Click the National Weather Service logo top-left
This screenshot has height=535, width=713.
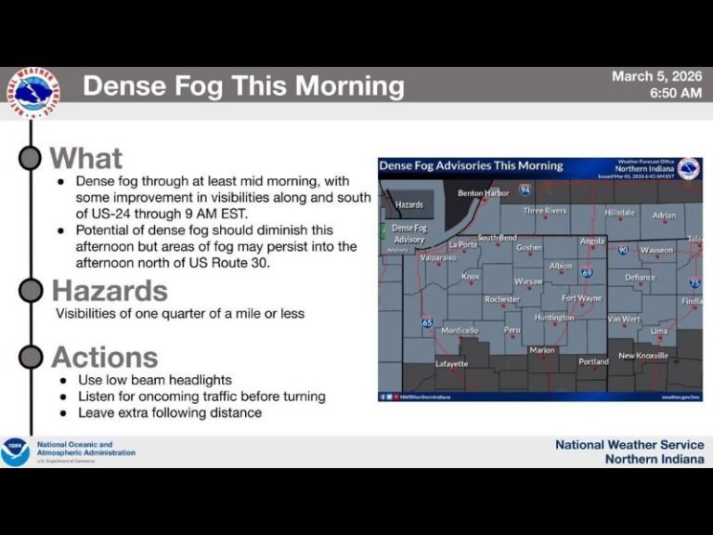click(x=34, y=92)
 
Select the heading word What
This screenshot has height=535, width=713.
click(x=85, y=158)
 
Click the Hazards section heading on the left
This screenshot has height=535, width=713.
click(x=110, y=291)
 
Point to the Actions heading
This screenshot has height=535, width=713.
click(x=104, y=357)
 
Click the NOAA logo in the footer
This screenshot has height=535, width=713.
click(x=15, y=452)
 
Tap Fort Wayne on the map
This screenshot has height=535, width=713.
click(x=582, y=298)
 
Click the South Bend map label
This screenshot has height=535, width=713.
click(x=497, y=238)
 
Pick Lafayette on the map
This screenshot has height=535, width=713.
click(x=452, y=363)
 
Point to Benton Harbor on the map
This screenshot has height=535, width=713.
click(x=484, y=193)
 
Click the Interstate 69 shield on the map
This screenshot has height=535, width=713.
click(x=587, y=272)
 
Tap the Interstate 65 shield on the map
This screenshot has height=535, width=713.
click(x=427, y=323)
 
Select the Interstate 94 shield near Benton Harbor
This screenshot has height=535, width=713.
click(x=525, y=189)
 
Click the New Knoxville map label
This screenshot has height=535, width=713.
click(x=643, y=356)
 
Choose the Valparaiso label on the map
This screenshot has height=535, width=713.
click(x=438, y=256)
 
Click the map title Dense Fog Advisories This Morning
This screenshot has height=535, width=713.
click(x=471, y=165)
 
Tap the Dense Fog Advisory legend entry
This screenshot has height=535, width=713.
click(x=408, y=233)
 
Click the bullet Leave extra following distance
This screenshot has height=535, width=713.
click(x=169, y=412)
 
